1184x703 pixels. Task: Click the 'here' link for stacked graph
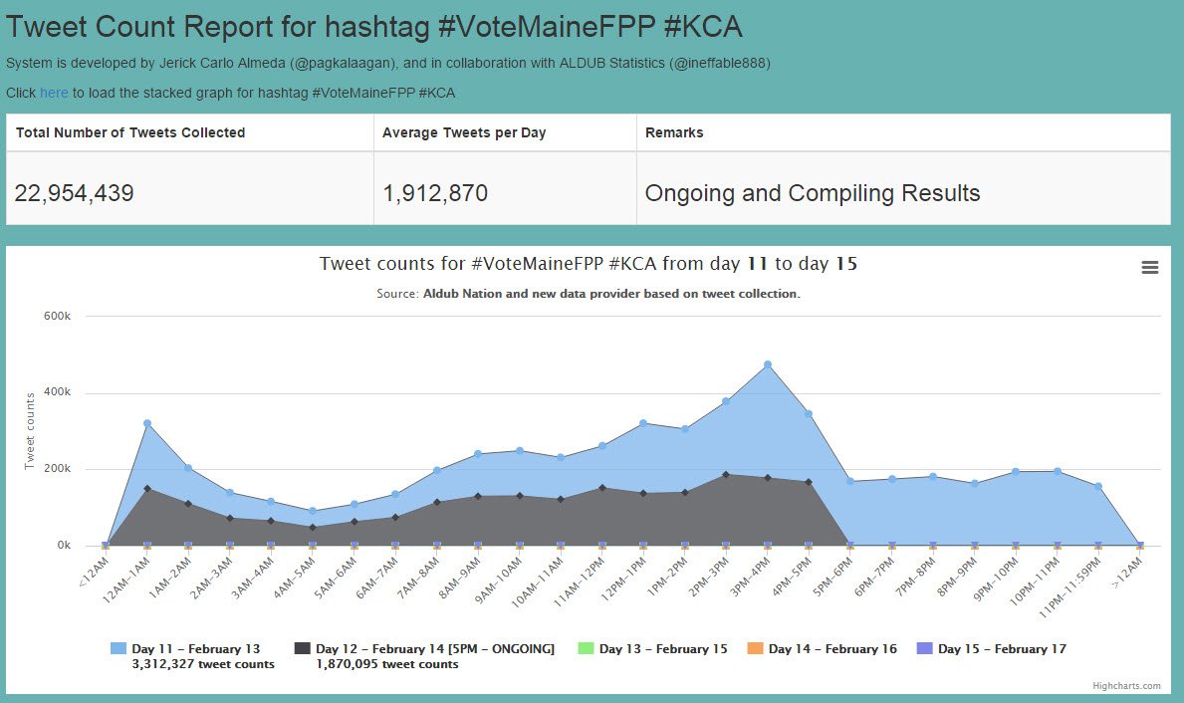click(x=54, y=93)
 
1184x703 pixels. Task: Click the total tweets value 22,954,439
click(x=74, y=193)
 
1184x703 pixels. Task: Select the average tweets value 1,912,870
click(x=435, y=193)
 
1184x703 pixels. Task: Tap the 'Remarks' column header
click(x=674, y=132)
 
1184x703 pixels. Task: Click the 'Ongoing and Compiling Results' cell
click(x=812, y=193)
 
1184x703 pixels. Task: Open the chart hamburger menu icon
click(x=1149, y=267)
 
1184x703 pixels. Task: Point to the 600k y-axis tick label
click(x=56, y=316)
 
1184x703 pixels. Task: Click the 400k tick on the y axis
click(x=56, y=392)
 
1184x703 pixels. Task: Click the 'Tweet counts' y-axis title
click(x=30, y=430)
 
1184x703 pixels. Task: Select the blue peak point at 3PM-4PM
click(x=767, y=364)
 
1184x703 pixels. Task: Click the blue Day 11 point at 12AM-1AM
click(x=147, y=423)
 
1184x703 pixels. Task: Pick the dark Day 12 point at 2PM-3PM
click(x=725, y=474)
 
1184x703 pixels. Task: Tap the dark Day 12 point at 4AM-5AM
click(x=313, y=527)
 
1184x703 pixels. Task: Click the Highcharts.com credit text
click(x=1126, y=686)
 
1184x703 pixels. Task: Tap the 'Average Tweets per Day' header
click(x=464, y=132)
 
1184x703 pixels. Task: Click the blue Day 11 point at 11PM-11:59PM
click(x=1097, y=486)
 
